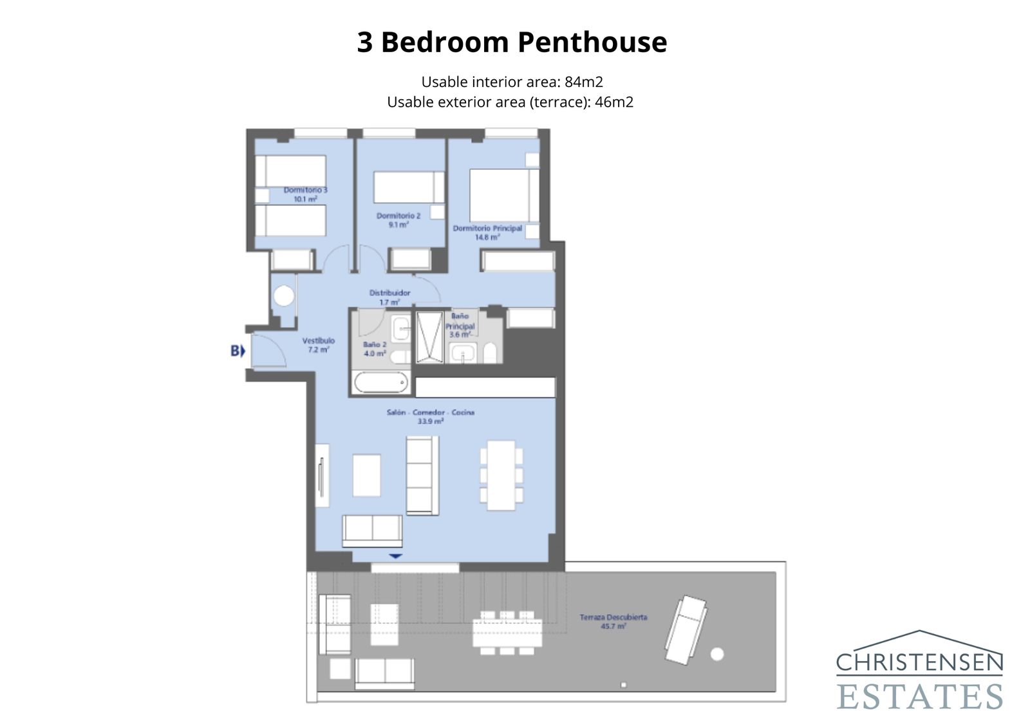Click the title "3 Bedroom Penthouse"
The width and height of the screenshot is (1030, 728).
tap(512, 42)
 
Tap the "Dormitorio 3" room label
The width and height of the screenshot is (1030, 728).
tap(306, 191)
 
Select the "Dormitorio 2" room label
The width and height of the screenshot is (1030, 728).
tap(398, 216)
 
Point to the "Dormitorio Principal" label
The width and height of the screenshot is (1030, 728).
tap(487, 229)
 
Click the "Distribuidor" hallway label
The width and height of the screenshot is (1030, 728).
tap(389, 294)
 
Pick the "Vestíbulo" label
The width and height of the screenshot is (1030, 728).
tap(319, 341)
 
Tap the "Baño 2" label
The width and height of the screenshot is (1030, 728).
tap(375, 345)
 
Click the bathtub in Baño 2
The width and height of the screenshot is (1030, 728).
tap(381, 382)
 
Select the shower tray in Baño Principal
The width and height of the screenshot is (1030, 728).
tap(429, 337)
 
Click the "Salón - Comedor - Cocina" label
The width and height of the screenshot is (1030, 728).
tap(430, 413)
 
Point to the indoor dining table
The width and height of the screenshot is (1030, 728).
tap(501, 475)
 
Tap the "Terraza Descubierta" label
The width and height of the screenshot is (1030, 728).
tap(613, 617)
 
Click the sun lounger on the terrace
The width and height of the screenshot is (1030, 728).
tap(685, 629)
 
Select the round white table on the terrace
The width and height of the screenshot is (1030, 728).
tap(716, 655)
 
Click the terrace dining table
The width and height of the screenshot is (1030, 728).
tap(507, 633)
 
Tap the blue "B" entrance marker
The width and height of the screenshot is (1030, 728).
tap(238, 351)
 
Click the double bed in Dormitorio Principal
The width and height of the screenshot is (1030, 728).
tap(502, 195)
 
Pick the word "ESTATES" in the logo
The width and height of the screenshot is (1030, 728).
tap(920, 696)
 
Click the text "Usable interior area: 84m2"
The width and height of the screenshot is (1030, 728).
tap(512, 82)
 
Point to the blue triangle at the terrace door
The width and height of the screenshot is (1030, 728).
tap(395, 556)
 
